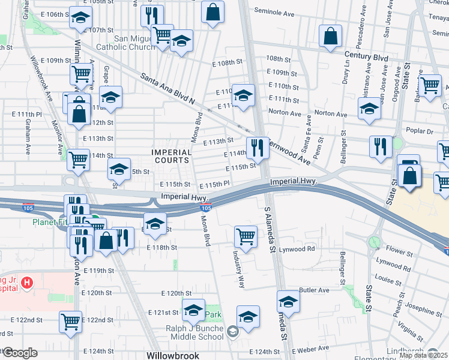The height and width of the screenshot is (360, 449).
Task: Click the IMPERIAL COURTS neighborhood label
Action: pyautogui.click(x=171, y=157)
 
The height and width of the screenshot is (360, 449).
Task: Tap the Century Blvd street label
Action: pyautogui.click(x=366, y=56)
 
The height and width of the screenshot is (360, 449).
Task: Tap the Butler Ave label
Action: pyautogui.click(x=315, y=290)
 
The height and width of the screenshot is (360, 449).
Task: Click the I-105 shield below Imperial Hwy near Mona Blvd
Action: pyautogui.click(x=206, y=208)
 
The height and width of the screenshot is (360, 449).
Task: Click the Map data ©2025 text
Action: pyautogui.click(x=424, y=355)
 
